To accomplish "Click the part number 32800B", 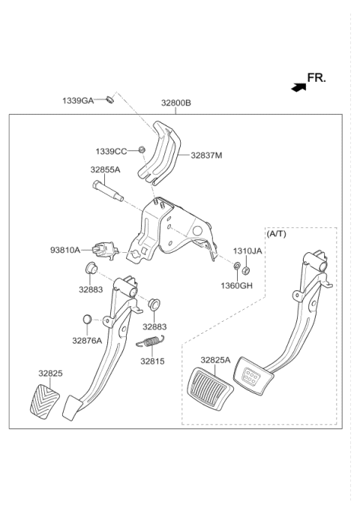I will point(175,103).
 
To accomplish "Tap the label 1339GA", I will point(78,100).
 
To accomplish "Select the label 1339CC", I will point(111,152).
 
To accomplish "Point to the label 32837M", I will point(206,155).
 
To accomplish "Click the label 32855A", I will point(106,170).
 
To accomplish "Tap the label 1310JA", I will point(247,251).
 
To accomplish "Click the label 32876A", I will point(87,340).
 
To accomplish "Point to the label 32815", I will point(151,360).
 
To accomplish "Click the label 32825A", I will point(215,359).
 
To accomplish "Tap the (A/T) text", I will point(277,234).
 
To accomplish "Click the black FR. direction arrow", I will point(299,87).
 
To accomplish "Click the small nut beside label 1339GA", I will point(109,99).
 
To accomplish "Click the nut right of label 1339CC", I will point(140,152).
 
